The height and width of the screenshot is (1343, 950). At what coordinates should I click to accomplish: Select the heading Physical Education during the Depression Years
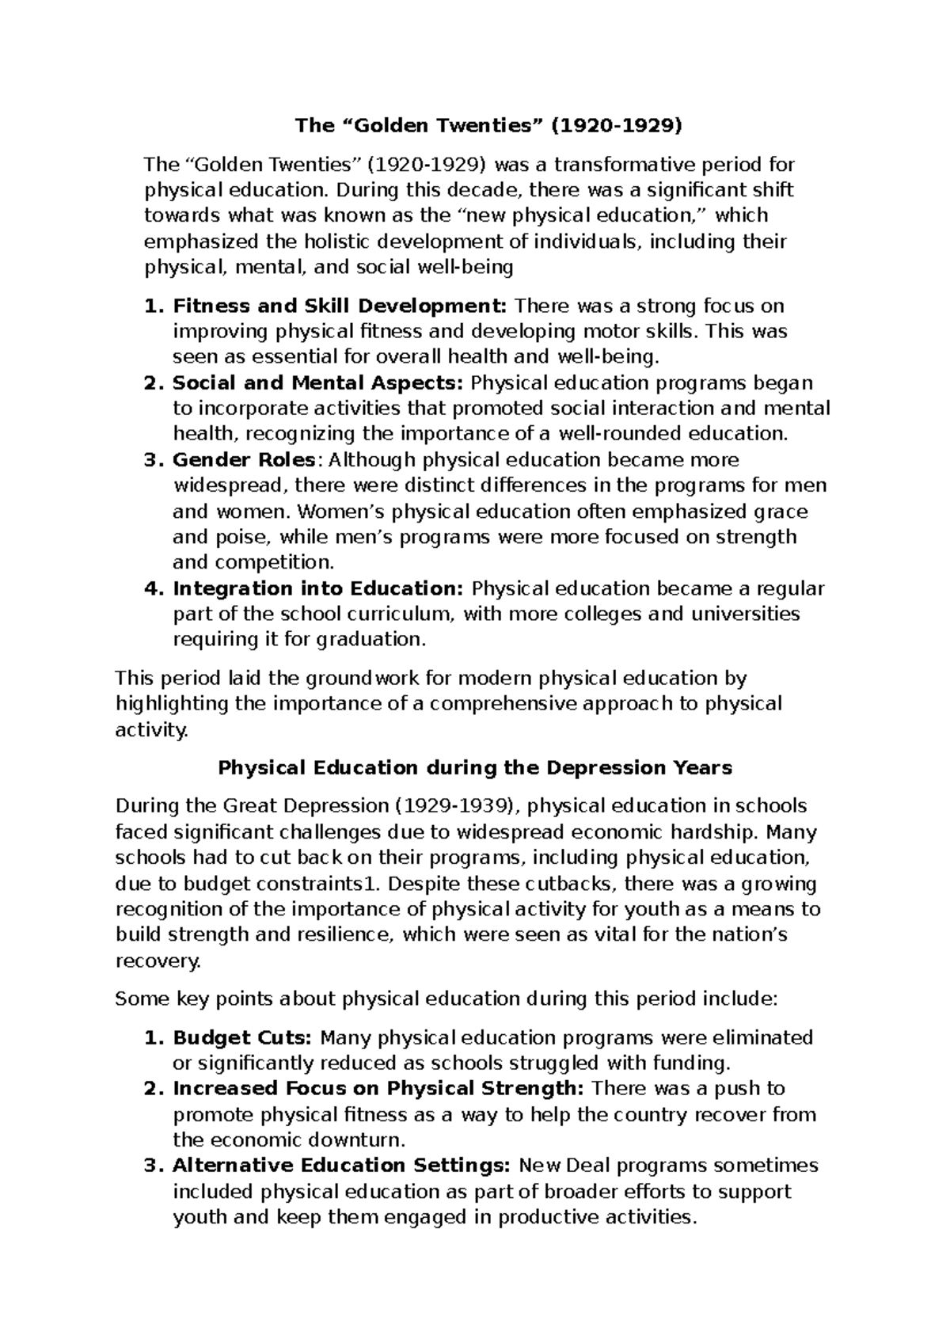[475, 767]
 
